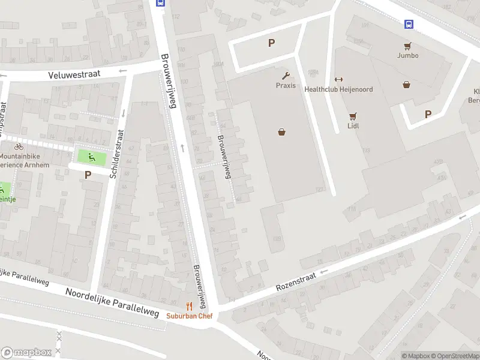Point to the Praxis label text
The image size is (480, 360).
point(286,85)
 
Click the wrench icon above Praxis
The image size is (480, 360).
point(286,76)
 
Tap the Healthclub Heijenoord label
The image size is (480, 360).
point(338,89)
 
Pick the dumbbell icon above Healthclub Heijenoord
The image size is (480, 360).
point(338,80)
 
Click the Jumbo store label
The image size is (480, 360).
point(407,55)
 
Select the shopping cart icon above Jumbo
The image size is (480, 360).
point(407,46)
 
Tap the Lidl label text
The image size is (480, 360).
point(353,126)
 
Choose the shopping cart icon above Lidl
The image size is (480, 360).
point(353,116)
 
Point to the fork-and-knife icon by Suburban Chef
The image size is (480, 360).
point(189,306)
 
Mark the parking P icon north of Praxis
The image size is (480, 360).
point(271,43)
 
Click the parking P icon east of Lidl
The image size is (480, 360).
point(428,114)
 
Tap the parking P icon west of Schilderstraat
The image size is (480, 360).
point(88,175)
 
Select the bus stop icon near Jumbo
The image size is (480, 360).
point(409,24)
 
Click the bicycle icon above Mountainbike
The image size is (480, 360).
point(19,146)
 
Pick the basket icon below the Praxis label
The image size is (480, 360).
point(281,132)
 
